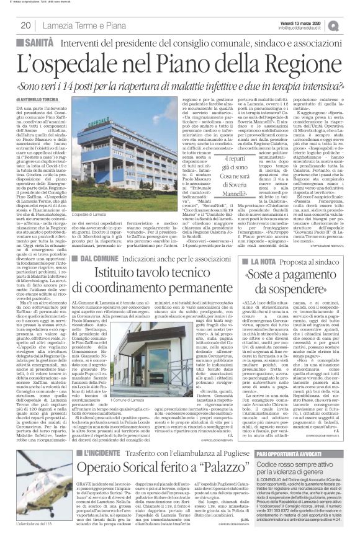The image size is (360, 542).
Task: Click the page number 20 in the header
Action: point(25,25)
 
